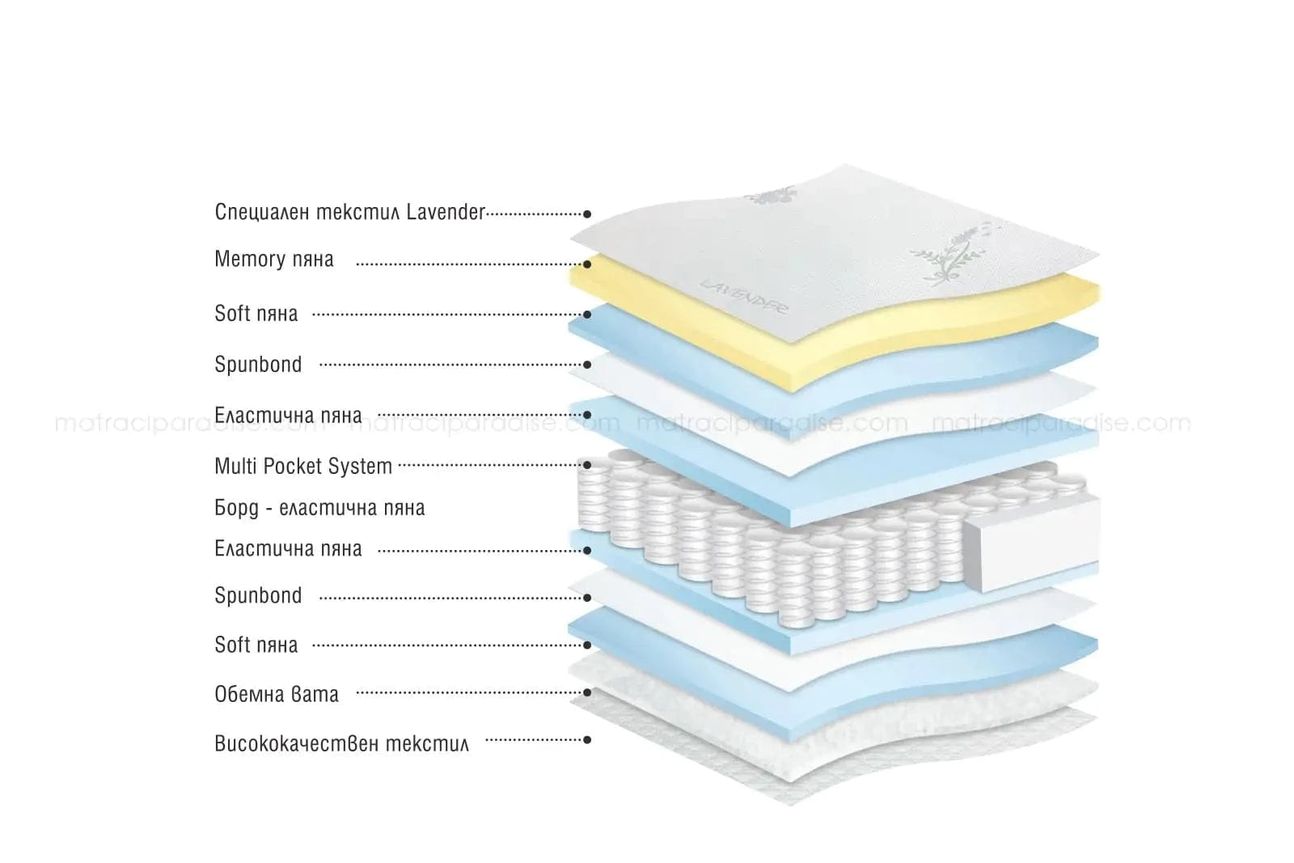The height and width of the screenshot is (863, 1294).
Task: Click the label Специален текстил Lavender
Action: tap(349, 212)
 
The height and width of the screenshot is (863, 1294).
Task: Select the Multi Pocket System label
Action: tap(303, 466)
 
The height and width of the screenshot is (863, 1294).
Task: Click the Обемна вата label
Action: tap(277, 694)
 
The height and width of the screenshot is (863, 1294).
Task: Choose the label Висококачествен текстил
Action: tap(341, 742)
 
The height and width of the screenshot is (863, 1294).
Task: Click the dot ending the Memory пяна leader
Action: tap(588, 264)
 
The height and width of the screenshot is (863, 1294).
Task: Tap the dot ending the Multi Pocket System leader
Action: tap(588, 465)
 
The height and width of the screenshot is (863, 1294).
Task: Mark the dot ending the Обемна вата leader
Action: tap(588, 692)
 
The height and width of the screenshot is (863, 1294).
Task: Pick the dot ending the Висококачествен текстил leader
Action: tap(588, 739)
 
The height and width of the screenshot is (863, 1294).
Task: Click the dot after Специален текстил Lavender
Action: tap(588, 214)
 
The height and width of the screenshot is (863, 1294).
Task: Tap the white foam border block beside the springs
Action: tap(1031, 538)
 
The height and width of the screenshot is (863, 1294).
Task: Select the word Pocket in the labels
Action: tap(305, 466)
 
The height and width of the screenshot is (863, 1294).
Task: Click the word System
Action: tap(366, 466)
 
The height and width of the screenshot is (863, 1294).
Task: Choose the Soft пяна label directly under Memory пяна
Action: tap(256, 314)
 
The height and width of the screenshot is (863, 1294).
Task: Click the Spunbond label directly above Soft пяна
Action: tap(258, 596)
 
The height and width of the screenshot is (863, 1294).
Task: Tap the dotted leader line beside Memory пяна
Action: tap(469, 264)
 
